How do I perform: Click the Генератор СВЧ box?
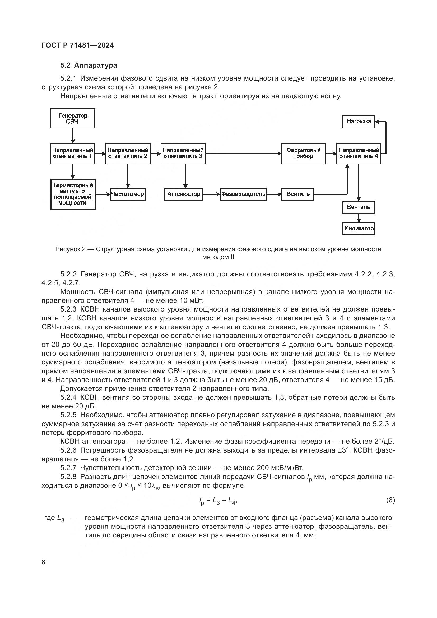click(73, 118)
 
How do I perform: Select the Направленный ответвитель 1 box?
click(73, 154)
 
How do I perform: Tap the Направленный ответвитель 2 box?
click(128, 154)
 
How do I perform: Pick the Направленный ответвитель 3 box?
click(183, 154)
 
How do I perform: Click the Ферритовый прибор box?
click(304, 154)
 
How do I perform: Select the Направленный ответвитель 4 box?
click(359, 154)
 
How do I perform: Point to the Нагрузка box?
click(359, 122)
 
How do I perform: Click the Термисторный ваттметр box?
click(73, 194)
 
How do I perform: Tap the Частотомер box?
click(128, 194)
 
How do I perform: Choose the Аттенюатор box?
click(183, 194)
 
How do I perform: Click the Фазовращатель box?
click(243, 194)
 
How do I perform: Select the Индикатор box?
click(359, 229)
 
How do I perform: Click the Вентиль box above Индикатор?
click(359, 207)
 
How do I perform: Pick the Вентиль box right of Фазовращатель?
click(297, 194)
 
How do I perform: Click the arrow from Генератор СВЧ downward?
click(73, 135)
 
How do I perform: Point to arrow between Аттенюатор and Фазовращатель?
click(211, 194)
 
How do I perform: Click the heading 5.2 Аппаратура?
click(89, 66)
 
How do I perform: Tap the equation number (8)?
click(390, 500)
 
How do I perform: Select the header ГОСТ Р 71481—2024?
click(78, 45)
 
